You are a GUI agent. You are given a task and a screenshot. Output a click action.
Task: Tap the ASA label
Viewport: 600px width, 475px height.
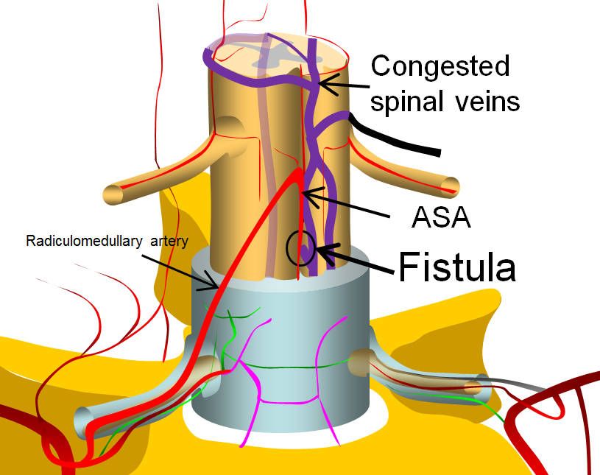441,217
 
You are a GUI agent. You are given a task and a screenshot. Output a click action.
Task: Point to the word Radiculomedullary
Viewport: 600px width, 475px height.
84,241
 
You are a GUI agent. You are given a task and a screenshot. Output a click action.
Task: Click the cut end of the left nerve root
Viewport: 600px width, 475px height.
113,195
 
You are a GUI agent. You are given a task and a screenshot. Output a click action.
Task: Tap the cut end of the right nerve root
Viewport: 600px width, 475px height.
451,187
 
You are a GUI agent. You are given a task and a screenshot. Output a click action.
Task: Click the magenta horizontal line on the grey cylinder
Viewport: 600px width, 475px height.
289,402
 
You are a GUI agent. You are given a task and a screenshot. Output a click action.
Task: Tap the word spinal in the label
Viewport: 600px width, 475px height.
407,102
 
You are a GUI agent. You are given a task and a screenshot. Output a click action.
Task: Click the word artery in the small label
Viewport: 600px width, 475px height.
169,242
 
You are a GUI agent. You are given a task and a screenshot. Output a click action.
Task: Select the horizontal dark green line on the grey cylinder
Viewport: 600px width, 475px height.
287,367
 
